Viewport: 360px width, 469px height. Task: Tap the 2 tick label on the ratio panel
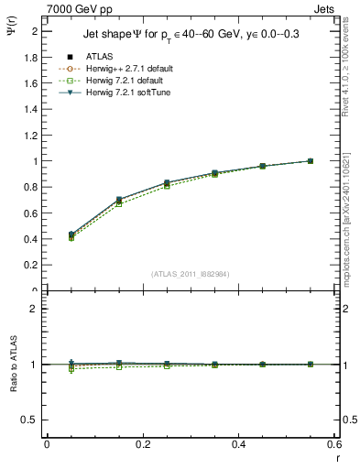(x=36, y=309)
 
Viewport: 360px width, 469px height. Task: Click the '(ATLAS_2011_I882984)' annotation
(x=191, y=274)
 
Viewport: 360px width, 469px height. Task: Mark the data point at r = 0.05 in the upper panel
(x=71, y=234)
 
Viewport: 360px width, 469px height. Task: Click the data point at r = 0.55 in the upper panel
(x=311, y=161)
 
